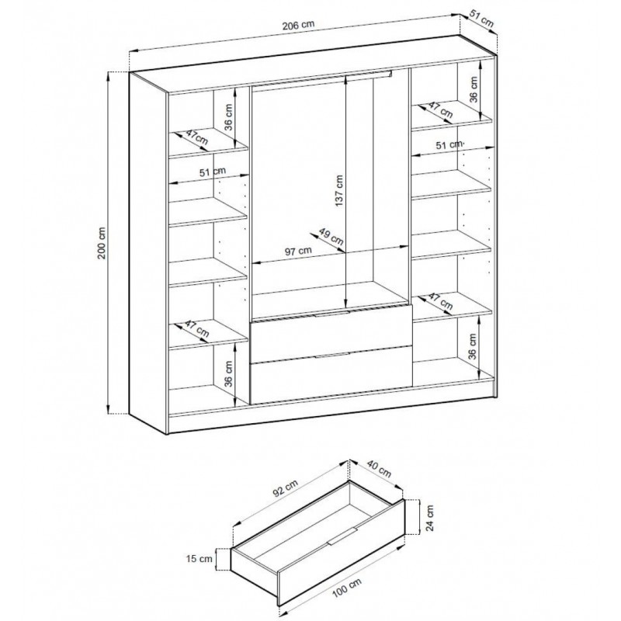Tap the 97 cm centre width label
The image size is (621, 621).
tap(297, 250)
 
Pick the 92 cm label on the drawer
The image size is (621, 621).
tap(286, 491)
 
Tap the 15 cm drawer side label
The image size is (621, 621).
tap(204, 557)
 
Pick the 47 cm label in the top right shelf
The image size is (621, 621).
tap(441, 109)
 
